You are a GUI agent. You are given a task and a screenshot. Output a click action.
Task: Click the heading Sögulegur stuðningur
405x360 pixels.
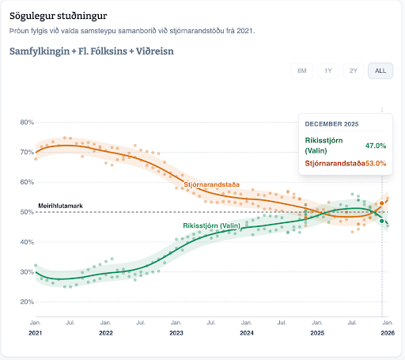click(x=59, y=16)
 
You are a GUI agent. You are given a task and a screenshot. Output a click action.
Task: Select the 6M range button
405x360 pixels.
click(x=302, y=70)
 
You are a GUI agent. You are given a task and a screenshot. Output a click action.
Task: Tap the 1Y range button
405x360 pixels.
click(x=327, y=70)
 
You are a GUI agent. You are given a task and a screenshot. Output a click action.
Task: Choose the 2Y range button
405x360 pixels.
click(x=353, y=70)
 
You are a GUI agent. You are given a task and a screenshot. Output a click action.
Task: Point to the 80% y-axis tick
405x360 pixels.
click(x=26, y=123)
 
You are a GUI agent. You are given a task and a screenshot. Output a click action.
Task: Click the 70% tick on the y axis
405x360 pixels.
click(x=26, y=152)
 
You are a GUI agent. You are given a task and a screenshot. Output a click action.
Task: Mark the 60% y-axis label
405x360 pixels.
click(x=26, y=182)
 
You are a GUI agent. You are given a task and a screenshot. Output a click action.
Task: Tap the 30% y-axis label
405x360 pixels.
click(x=26, y=271)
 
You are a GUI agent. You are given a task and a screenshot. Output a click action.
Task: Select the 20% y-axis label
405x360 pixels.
click(x=26, y=301)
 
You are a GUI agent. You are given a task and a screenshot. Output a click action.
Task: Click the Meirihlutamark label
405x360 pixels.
click(x=60, y=206)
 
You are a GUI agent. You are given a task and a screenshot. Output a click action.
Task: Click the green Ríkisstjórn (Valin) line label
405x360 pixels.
click(x=211, y=225)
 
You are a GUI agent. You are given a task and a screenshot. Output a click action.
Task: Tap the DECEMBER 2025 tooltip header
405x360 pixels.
click(x=331, y=124)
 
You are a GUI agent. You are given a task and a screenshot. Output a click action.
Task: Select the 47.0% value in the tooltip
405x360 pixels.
click(x=375, y=146)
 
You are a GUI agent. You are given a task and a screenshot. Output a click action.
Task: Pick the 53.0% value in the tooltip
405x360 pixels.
click(x=375, y=163)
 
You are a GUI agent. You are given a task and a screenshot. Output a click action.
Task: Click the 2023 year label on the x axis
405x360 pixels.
click(x=176, y=333)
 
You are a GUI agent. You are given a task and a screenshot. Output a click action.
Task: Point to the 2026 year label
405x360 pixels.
click(x=387, y=333)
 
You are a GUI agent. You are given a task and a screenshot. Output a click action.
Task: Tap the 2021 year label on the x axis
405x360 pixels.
click(x=36, y=333)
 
